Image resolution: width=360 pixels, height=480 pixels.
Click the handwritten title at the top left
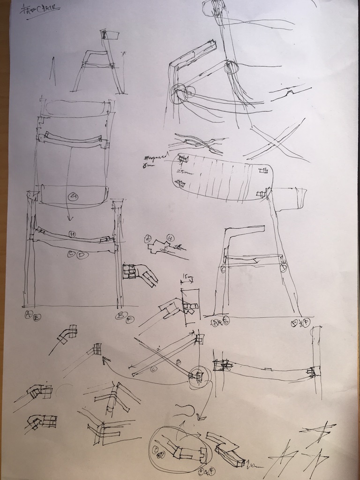(40, 9)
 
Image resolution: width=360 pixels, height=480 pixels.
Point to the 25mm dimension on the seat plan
(181, 172)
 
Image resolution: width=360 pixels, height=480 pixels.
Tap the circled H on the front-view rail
(72, 233)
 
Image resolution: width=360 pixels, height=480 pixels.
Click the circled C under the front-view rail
(71, 255)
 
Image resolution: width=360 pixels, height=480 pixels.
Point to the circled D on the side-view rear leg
(283, 267)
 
